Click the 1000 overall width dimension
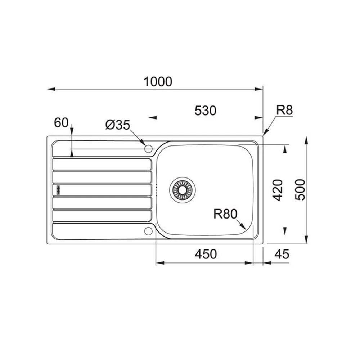[158, 82]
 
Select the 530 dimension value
[205, 111]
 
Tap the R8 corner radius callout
[284, 111]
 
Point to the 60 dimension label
[61, 123]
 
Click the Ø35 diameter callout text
[117, 125]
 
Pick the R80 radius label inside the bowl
[225, 214]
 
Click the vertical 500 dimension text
[300, 190]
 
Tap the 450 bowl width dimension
[206, 254]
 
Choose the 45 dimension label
[282, 254]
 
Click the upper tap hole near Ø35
[148, 148]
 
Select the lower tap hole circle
[148, 231]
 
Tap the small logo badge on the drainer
[58, 190]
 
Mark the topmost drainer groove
[102, 164]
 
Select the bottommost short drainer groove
[102, 216]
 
